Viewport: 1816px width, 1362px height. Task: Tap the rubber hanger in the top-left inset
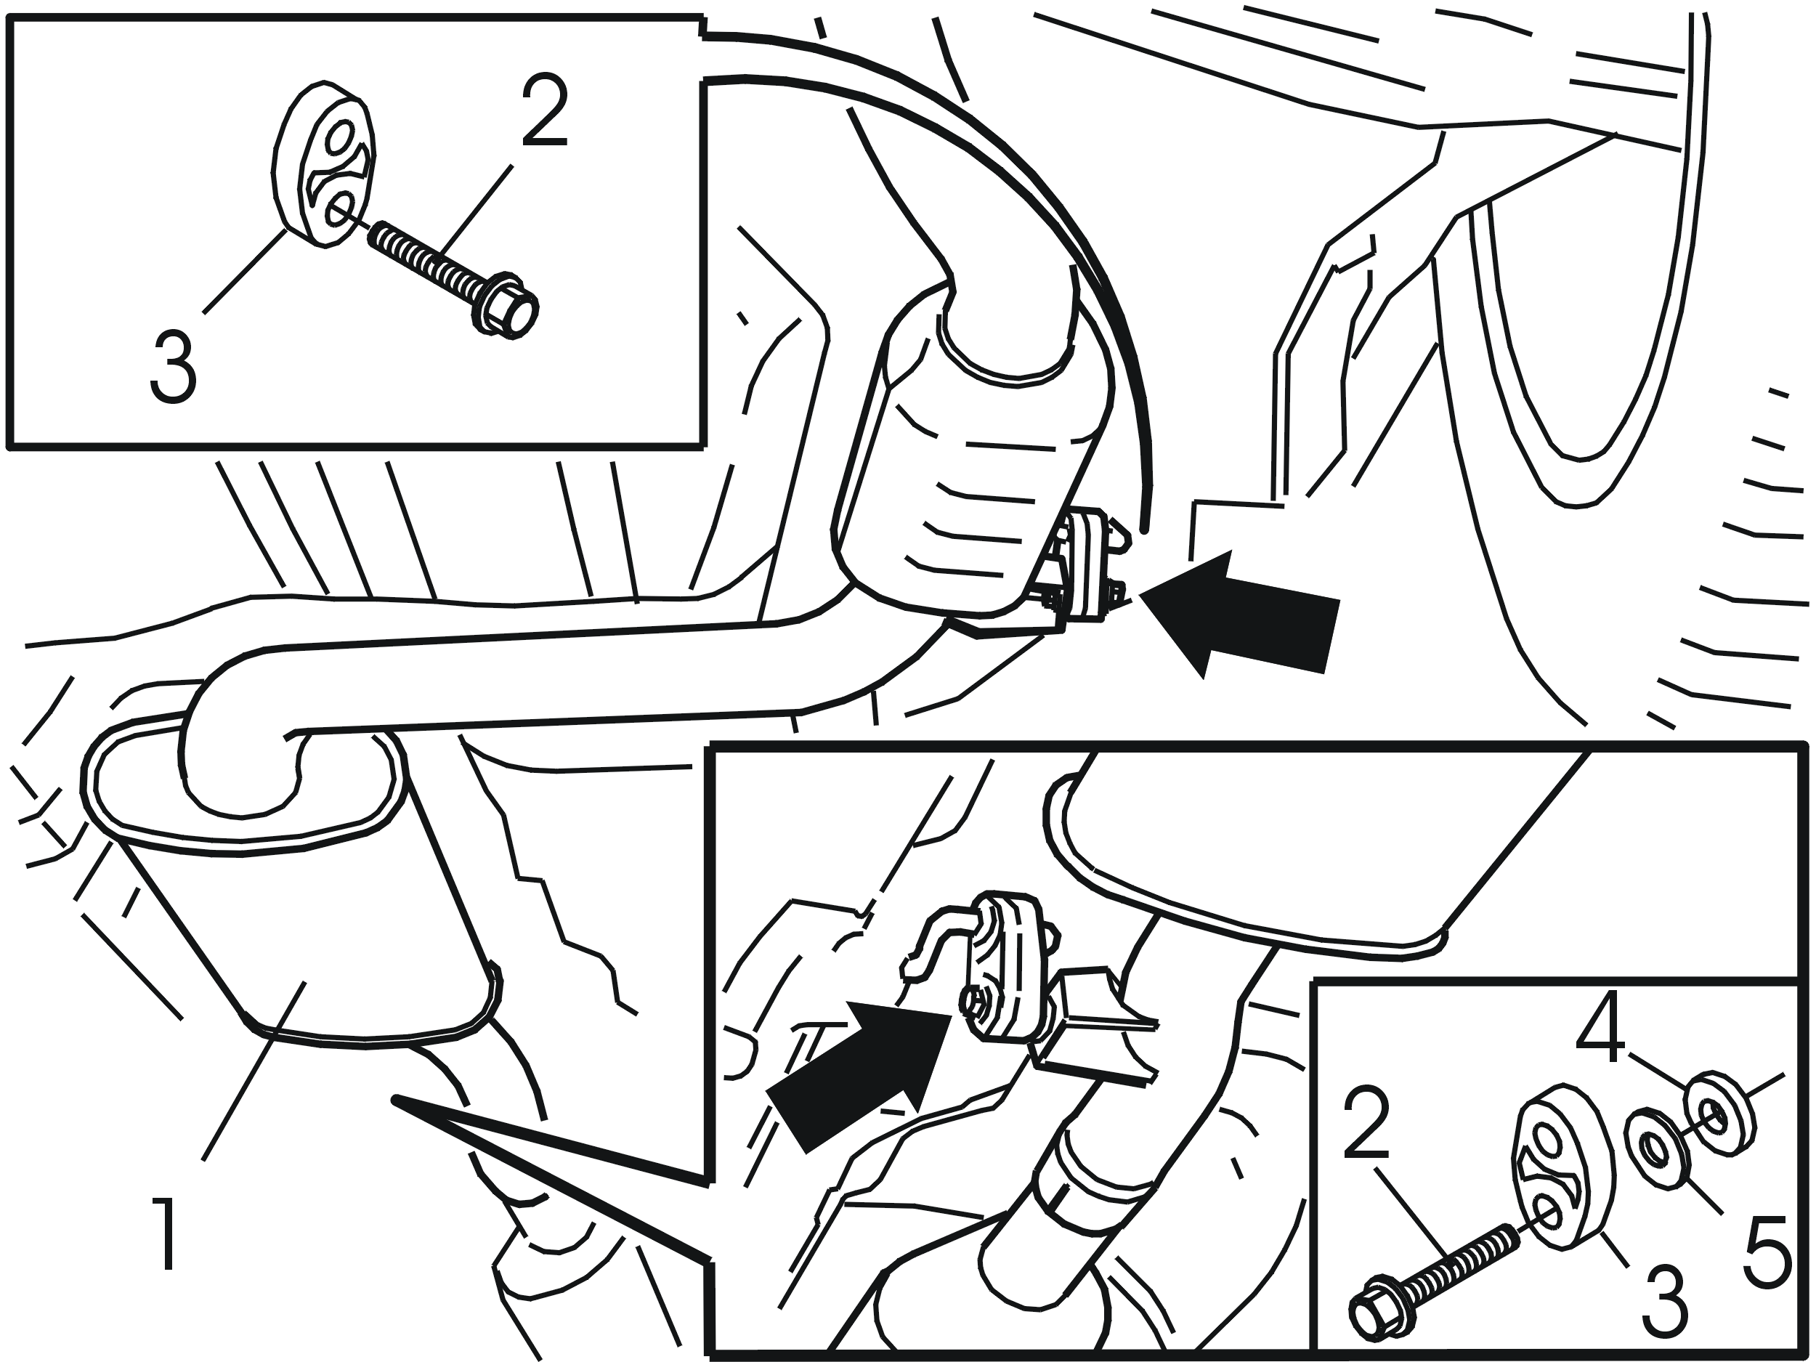tap(323, 163)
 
